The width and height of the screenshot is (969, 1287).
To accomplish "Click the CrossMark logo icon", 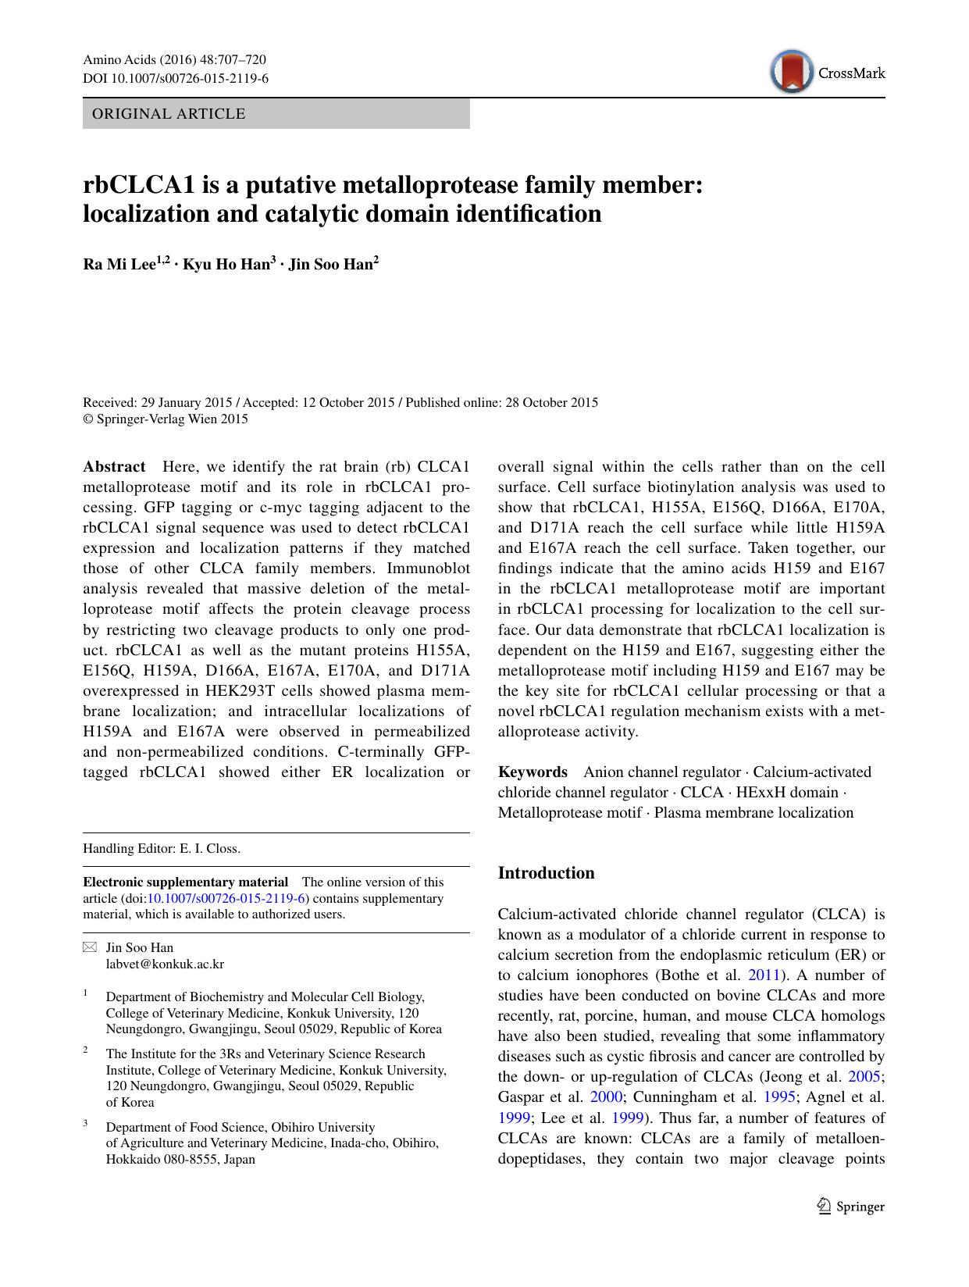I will [791, 73].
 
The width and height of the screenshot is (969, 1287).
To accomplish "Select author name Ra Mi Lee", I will [119, 265].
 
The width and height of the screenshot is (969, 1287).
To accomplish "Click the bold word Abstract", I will [114, 467].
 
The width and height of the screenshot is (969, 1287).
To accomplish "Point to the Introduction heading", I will [546, 873].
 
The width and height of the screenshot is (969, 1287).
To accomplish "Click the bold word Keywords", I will [533, 772].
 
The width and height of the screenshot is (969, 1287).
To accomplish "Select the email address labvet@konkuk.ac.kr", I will [165, 964].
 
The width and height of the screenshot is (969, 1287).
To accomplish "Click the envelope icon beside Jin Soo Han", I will [90, 948].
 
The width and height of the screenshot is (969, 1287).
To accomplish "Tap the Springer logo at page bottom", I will [850, 1207].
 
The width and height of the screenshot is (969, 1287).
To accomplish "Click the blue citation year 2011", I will [763, 975].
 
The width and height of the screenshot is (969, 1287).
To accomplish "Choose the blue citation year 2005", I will [864, 1077].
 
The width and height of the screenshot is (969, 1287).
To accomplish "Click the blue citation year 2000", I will [607, 1097].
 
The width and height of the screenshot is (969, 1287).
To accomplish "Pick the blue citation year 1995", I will [779, 1097].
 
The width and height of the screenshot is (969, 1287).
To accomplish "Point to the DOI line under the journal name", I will [176, 78].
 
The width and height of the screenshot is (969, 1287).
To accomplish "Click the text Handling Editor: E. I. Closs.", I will [162, 849].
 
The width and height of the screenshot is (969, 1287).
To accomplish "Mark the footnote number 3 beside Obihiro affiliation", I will [85, 1125].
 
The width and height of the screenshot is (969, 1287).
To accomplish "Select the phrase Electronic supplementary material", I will [186, 882].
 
